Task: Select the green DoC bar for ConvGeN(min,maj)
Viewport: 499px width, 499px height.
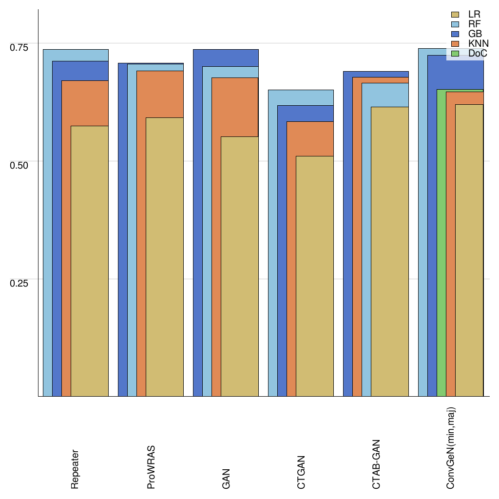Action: (x=441, y=244)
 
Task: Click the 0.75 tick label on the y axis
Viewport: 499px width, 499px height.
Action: (x=19, y=47)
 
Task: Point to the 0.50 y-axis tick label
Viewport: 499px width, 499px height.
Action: (x=19, y=165)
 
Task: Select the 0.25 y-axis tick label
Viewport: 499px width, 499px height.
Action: (x=19, y=283)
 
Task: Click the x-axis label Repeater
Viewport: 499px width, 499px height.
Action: (x=75, y=469)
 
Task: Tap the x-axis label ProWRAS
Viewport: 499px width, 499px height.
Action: (x=151, y=466)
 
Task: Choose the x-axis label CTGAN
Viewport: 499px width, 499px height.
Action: (x=301, y=472)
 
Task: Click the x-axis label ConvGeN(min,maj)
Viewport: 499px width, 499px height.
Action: (x=451, y=448)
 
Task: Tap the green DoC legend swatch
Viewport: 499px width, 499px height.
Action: (x=456, y=54)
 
